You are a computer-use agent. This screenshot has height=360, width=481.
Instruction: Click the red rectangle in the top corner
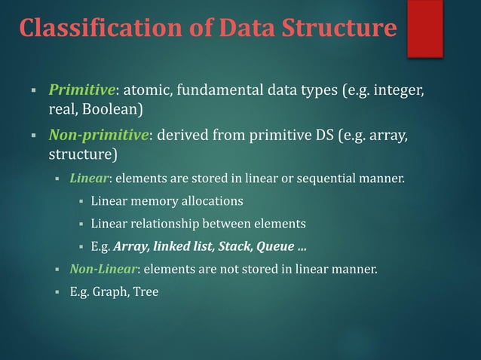[x=424, y=29]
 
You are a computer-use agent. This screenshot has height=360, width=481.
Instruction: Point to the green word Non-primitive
[x=100, y=136]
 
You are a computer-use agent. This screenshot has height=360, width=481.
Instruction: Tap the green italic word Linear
[x=91, y=179]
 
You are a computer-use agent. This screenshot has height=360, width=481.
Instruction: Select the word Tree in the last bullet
[x=146, y=291]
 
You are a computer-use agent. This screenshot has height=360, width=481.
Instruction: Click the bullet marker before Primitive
[x=34, y=92]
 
